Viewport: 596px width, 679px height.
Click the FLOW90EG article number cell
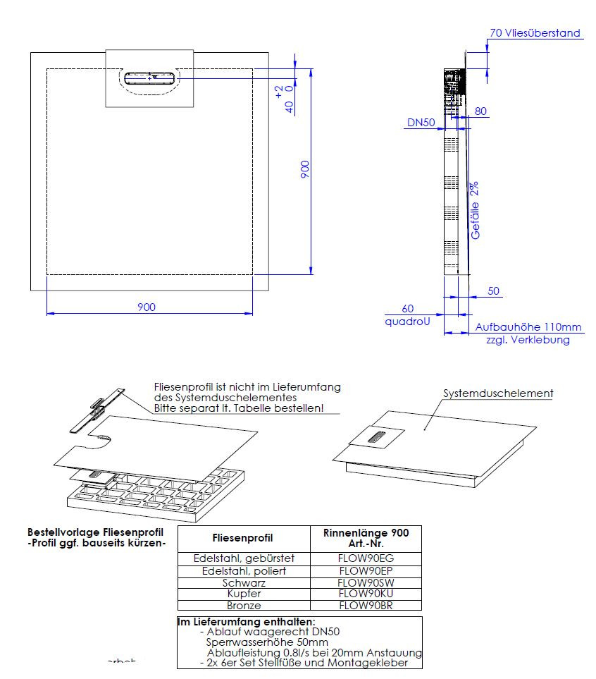click(366, 558)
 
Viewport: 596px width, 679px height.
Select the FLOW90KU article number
click(366, 594)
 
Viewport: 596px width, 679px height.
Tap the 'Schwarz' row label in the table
click(244, 582)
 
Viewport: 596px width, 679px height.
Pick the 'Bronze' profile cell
click(244, 606)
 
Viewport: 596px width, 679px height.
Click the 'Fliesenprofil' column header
click(244, 538)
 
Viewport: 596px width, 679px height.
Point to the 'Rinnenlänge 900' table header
click(366, 533)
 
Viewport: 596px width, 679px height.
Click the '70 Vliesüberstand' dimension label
click(535, 32)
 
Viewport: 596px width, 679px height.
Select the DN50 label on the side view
click(421, 123)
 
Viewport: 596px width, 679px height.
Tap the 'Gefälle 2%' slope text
click(476, 210)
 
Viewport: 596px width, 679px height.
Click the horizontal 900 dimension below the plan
click(147, 307)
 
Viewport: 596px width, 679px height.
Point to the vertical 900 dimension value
click(305, 169)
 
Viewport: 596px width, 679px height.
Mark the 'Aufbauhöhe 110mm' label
click(528, 327)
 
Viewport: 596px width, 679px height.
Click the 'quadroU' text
click(407, 321)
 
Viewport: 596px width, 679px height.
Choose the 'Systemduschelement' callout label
click(497, 393)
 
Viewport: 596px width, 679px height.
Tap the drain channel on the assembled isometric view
click(376, 437)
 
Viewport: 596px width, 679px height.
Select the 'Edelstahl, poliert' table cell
click(244, 570)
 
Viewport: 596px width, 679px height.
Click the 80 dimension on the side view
click(481, 111)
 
